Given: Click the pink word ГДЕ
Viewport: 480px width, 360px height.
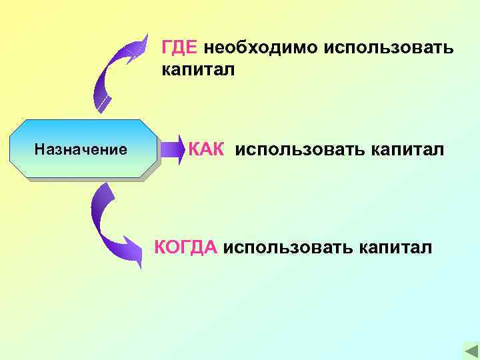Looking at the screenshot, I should click(x=179, y=48).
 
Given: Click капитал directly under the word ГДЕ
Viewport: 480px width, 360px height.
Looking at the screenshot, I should click(x=197, y=69).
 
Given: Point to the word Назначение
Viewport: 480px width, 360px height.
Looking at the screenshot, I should click(x=81, y=149).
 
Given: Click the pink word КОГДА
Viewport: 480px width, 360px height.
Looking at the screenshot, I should click(x=186, y=247).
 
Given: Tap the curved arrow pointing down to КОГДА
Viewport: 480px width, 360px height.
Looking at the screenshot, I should click(x=110, y=223).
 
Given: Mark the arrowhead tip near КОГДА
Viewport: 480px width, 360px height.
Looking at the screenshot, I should click(x=141, y=264).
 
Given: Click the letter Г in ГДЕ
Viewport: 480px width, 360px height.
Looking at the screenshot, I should click(x=167, y=48).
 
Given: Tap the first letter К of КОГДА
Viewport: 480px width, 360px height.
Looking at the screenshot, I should click(x=161, y=247).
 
